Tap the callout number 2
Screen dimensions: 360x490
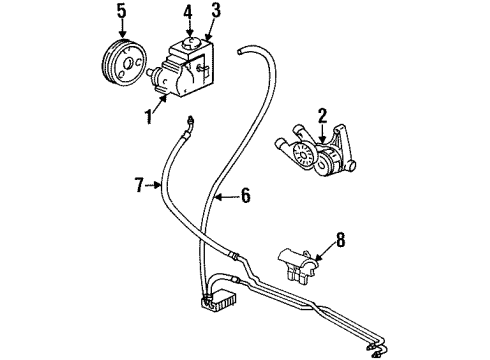(x=323, y=117)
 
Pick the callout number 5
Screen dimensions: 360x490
(x=121, y=14)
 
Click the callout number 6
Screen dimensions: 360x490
(x=247, y=197)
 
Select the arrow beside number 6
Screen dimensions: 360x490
(x=228, y=197)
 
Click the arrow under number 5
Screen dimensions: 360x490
(x=121, y=29)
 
